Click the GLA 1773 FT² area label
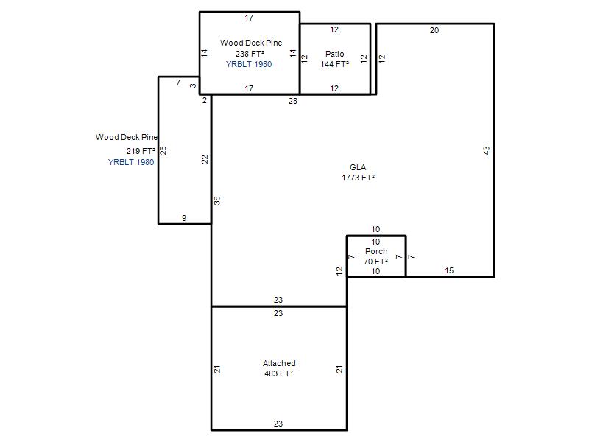coord(358,172)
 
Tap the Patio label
coord(335,54)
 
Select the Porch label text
coord(376,251)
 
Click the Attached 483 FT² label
coord(279,368)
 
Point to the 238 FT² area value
coord(250,54)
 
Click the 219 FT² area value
coord(141,151)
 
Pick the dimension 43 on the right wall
coord(487,150)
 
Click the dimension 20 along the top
coord(434,30)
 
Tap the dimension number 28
coord(292,101)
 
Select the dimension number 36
coord(217,200)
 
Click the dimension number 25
coord(163,150)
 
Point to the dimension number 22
coord(205,159)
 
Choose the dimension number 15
coord(449,270)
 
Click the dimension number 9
coord(184,218)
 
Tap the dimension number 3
coord(193,85)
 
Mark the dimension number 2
coord(205,100)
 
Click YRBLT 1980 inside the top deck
coord(249,64)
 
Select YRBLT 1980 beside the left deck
coord(131,162)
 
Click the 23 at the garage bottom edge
coord(278,424)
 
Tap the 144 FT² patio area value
coord(335,64)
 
